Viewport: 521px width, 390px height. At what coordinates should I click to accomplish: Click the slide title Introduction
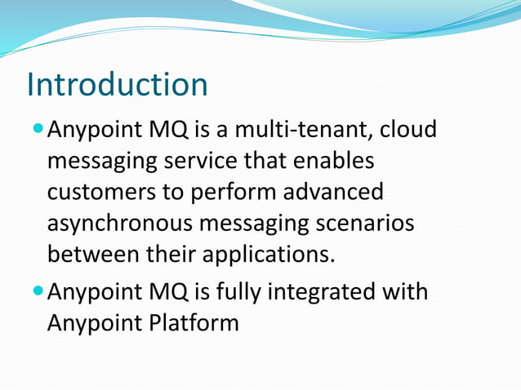[x=117, y=85]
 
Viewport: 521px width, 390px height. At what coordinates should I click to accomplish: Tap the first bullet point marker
[x=38, y=131]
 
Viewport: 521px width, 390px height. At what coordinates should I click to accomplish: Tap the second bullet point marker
[x=38, y=292]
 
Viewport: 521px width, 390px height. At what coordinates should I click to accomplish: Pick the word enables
[x=329, y=162]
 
